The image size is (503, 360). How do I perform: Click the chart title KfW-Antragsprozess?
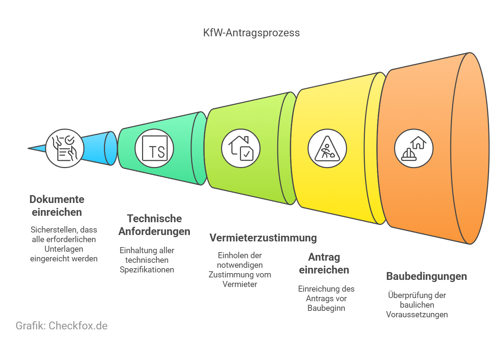251,33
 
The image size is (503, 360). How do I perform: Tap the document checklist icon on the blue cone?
65,148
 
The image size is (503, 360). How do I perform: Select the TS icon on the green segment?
154,148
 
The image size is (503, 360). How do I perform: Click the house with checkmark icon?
241,148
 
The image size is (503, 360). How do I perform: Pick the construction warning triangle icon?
327,148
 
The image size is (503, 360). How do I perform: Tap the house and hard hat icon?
414,148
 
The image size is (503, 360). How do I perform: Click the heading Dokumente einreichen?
57,205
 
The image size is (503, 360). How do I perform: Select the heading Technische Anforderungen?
154,225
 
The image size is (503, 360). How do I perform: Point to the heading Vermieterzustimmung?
263,238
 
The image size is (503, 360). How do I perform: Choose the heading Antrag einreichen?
324,263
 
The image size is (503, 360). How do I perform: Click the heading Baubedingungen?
426,276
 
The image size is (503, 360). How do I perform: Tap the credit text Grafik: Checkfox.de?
62,325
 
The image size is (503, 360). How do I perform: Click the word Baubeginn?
326,308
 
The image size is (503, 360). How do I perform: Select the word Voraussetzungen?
417,314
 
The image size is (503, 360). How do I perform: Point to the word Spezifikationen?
147,270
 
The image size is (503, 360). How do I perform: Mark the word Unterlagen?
64,249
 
